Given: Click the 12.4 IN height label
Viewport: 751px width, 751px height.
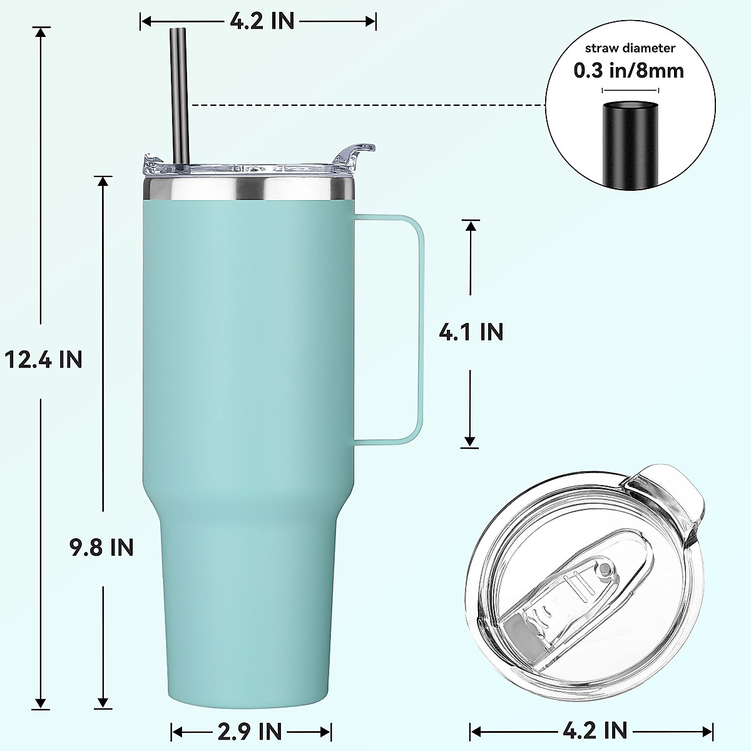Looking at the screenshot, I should click(x=43, y=360).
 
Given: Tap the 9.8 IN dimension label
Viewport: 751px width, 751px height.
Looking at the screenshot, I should click(x=102, y=547).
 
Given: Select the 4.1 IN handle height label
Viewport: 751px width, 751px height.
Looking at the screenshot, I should click(x=471, y=332).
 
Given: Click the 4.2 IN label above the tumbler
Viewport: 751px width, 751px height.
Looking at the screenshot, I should click(x=262, y=21).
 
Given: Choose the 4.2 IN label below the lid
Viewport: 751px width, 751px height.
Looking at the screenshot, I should click(x=595, y=730).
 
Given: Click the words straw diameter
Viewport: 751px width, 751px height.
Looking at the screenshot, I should click(x=630, y=48).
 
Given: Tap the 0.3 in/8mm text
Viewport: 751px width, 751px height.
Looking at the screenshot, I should click(x=629, y=70).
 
